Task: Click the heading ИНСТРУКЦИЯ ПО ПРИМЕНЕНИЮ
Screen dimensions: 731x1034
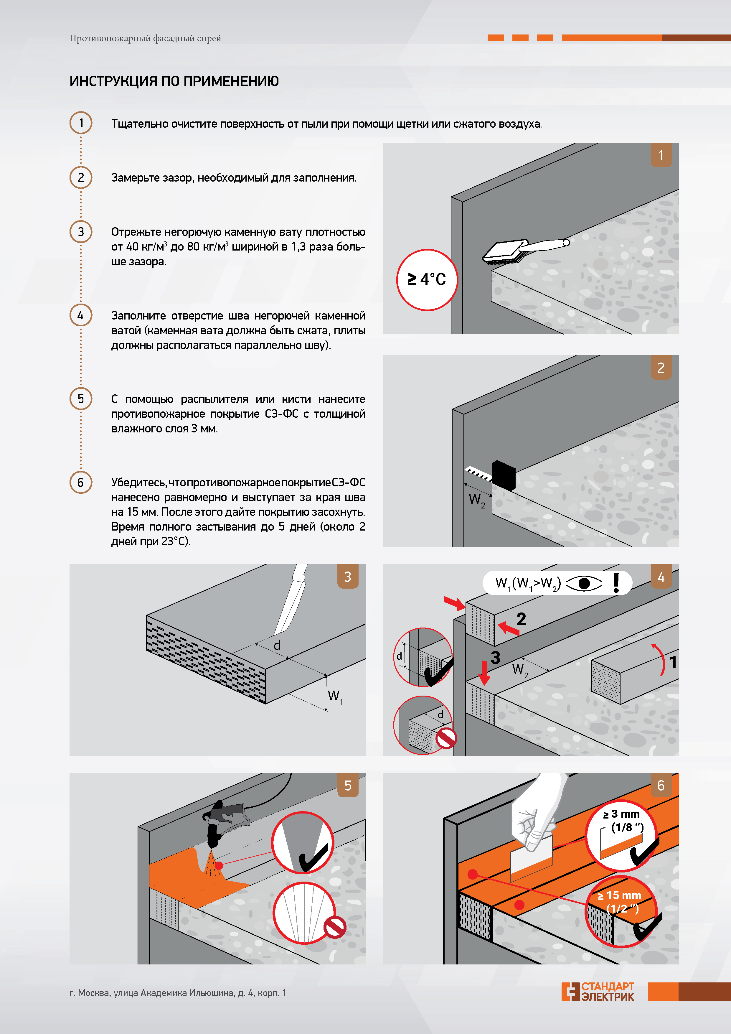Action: (x=174, y=81)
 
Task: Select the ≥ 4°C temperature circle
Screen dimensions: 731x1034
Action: (x=427, y=280)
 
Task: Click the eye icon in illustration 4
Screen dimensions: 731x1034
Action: (x=584, y=584)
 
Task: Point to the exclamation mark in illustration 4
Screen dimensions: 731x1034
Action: (x=616, y=582)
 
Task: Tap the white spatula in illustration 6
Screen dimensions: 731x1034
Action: (x=532, y=858)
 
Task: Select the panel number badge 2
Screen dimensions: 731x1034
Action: (x=661, y=368)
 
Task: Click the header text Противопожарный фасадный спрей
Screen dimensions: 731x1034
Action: (x=145, y=38)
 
